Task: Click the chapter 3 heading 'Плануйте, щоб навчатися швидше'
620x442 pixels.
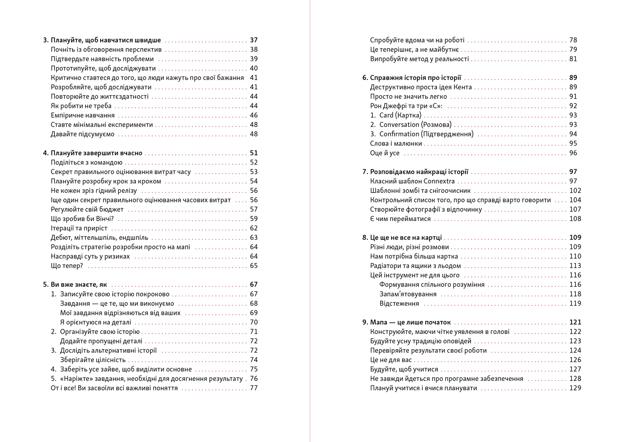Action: point(106,40)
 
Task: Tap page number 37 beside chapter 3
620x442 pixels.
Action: point(253,40)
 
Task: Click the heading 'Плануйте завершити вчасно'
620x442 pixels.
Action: point(96,153)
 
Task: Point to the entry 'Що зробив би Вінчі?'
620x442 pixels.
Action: point(83,219)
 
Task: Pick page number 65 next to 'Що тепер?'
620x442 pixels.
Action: point(253,266)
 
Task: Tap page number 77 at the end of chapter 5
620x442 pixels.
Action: point(253,388)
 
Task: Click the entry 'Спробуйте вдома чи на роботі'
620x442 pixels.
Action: point(417,40)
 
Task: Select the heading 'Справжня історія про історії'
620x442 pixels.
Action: point(416,78)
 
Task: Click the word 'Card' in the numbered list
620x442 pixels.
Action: point(386,115)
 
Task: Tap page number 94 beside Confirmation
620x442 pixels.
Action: point(573,134)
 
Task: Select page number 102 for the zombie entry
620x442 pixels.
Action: point(575,191)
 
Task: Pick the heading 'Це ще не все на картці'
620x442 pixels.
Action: point(406,238)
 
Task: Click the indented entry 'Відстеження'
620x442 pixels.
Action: point(399,304)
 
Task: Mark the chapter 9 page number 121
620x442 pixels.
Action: point(575,322)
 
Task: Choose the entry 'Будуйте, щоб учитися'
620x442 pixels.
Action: point(404,370)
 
